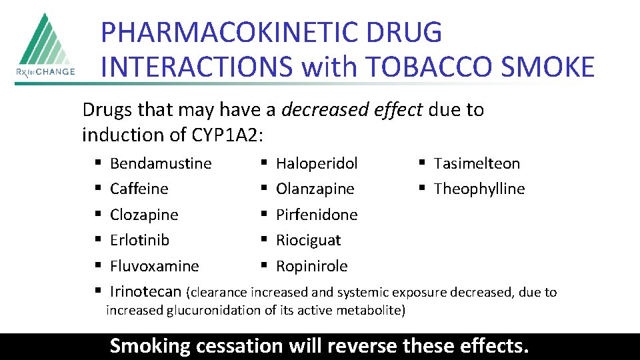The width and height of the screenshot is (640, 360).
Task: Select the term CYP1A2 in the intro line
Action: pyautogui.click(x=226, y=135)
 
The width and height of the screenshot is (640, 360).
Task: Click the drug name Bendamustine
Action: pyautogui.click(x=161, y=163)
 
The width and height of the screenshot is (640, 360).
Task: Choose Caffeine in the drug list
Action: pyautogui.click(x=139, y=189)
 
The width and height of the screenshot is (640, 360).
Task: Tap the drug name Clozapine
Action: pyautogui.click(x=144, y=215)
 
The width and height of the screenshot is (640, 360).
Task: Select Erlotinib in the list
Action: pyautogui.click(x=139, y=240)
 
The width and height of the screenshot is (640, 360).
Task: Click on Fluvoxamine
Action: pyautogui.click(x=154, y=266)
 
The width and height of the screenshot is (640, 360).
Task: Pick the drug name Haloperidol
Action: pyautogui.click(x=317, y=163)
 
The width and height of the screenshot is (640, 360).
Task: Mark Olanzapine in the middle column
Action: pyautogui.click(x=315, y=189)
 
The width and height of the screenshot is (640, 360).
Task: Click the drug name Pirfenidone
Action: pyautogui.click(x=317, y=215)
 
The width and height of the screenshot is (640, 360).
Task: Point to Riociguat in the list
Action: pyautogui.click(x=308, y=240)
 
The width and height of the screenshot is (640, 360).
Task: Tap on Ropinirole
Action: pyautogui.click(x=311, y=266)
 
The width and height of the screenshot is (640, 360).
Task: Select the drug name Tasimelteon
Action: pyautogui.click(x=477, y=163)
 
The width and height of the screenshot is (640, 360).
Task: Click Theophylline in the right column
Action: pyautogui.click(x=479, y=189)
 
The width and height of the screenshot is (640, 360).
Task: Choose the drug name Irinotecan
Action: pyautogui.click(x=145, y=291)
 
